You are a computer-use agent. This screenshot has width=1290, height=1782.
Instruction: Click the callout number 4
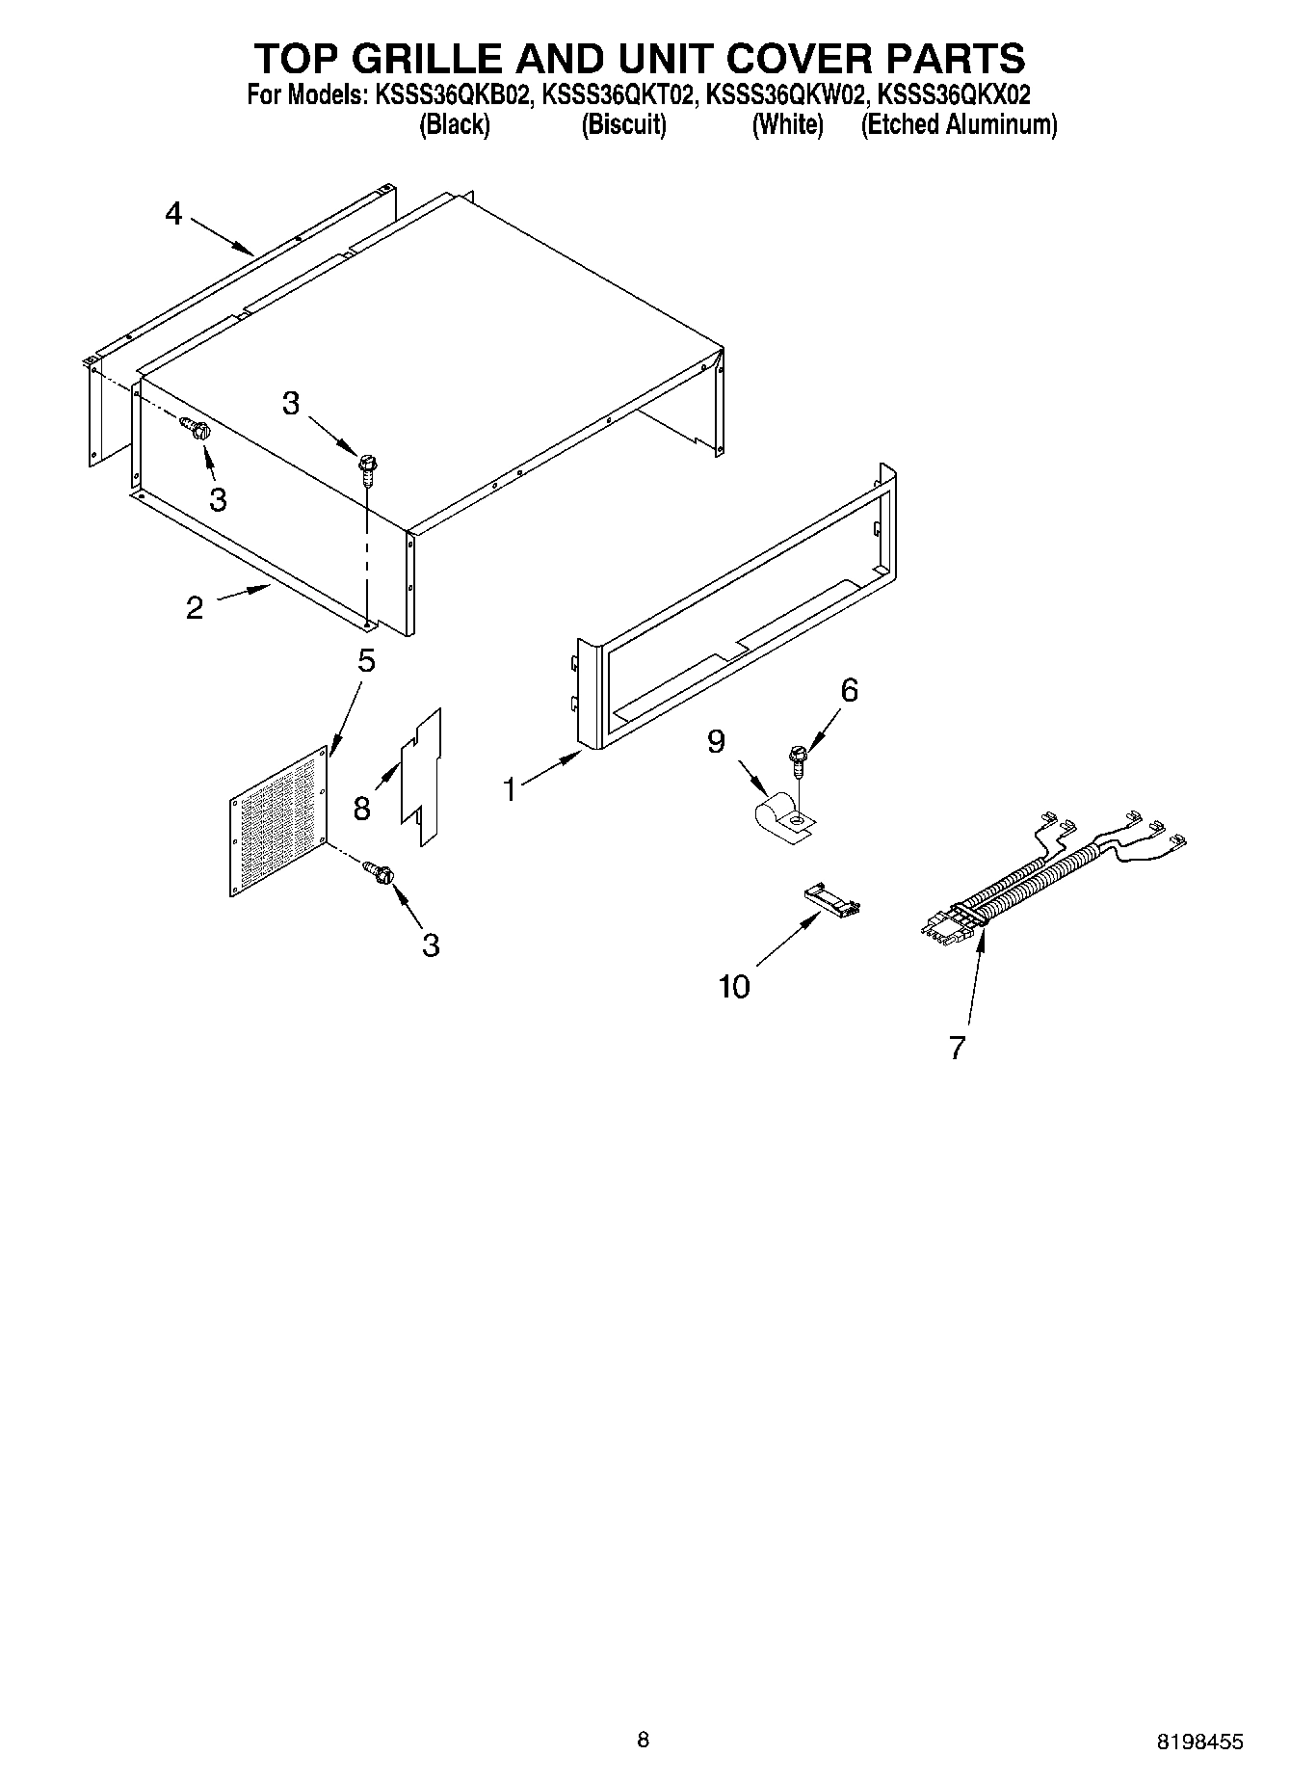tap(173, 213)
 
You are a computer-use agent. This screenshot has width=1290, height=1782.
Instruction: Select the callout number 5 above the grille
tap(366, 661)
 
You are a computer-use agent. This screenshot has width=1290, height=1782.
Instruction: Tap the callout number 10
tap(734, 987)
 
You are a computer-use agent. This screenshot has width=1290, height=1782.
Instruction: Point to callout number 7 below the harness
tap(956, 1048)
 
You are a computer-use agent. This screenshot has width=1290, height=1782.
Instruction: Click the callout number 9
tap(716, 741)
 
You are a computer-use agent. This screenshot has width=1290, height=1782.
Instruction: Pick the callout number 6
tap(849, 690)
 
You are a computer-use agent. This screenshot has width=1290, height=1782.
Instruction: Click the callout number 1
tap(510, 790)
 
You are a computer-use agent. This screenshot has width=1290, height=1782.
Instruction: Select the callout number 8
tap(361, 808)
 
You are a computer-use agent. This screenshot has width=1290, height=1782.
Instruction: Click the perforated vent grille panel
tap(279, 820)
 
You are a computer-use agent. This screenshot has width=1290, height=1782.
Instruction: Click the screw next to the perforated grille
tap(379, 872)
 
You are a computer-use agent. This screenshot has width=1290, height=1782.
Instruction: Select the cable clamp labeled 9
tap(782, 817)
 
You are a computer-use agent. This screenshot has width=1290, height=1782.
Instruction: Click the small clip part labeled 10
tap(832, 904)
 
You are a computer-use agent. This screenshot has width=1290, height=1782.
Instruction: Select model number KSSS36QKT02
tap(619, 96)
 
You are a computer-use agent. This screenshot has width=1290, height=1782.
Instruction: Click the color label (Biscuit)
tap(623, 125)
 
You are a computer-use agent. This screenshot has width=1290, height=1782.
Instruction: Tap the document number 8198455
tap(1199, 1742)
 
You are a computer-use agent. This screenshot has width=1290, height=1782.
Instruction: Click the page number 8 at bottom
tap(644, 1740)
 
